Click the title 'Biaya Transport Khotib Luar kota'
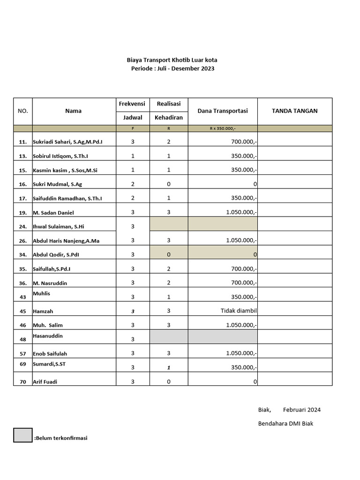(172, 60)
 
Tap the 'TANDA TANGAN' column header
(294, 111)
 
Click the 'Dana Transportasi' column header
(223, 111)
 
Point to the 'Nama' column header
(74, 111)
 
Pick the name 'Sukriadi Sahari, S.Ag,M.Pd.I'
(67, 142)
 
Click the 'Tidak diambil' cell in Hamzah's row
(239, 311)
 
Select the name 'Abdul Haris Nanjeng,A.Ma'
(66, 240)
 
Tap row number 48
(22, 339)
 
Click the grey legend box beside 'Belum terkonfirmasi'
(22, 435)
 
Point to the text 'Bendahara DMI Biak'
(285, 424)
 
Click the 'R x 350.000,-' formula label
(223, 128)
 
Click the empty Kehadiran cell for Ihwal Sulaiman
(169, 224)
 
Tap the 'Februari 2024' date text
(302, 410)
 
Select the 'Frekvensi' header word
(133, 104)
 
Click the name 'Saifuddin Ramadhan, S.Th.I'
(67, 198)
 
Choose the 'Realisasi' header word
(169, 104)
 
